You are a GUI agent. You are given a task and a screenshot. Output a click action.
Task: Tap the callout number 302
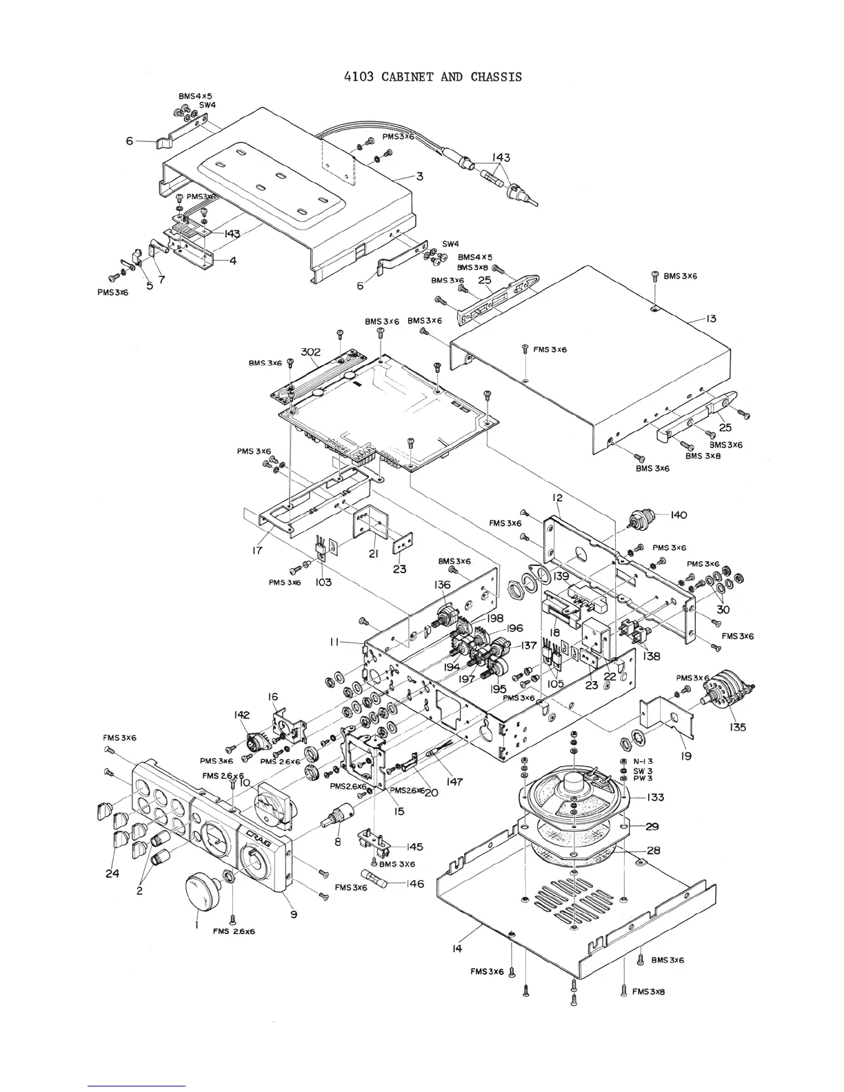[310, 352]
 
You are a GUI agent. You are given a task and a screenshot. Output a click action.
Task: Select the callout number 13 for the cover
[710, 318]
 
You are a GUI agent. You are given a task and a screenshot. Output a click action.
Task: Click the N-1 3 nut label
[643, 762]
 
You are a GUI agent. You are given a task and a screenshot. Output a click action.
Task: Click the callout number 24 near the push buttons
[112, 873]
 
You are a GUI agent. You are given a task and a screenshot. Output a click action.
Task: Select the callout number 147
[454, 782]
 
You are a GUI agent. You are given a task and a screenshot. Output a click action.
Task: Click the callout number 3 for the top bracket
[419, 176]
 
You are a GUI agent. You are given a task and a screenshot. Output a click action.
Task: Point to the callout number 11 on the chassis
[334, 642]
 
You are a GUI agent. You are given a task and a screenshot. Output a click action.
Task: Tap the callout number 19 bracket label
[687, 756]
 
